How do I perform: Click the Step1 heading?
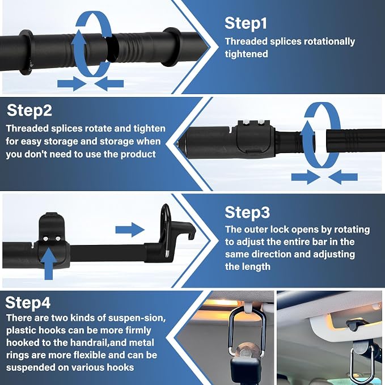[x=246, y=23]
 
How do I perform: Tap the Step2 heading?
[x=29, y=111]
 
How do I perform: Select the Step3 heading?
[x=247, y=212]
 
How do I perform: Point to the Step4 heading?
[x=28, y=302]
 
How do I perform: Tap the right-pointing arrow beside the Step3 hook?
[x=130, y=230]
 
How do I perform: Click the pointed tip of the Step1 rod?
[x=207, y=46]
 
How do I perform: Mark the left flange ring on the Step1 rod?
[x=26, y=52]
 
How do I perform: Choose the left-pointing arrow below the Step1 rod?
[x=109, y=84]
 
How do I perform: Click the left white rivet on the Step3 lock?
[x=45, y=238]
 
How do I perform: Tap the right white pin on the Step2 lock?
[x=260, y=122]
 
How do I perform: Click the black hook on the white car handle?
[x=357, y=324]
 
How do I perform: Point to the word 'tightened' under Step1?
[x=246, y=54]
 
